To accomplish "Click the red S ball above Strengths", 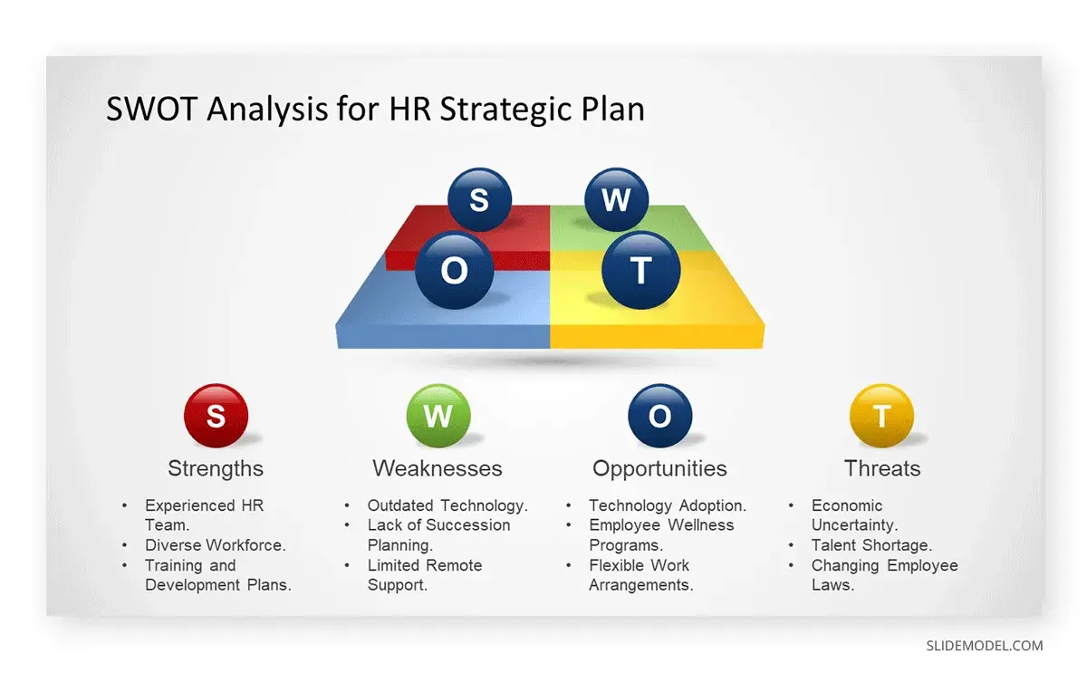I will point(216,416).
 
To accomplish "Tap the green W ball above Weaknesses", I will point(438,416).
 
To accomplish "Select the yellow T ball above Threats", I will point(881,416).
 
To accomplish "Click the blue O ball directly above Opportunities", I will point(659,416).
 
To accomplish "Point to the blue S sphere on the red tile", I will point(479,199).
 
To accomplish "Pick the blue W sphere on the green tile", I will point(616,199).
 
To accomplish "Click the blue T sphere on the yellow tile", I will point(641,270).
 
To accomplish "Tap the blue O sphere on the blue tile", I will point(455,270).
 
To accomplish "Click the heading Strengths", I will point(216,468).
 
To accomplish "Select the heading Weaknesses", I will point(438,468).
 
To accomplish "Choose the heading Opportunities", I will point(659,468).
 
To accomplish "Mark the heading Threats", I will point(882,468).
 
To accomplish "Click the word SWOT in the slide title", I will point(151,110).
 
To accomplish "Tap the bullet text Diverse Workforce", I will point(216,545).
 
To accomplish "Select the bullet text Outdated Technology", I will point(447,505).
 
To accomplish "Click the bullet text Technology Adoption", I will point(668,505).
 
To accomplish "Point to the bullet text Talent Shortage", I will point(871,545).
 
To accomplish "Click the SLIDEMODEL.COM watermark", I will point(984,646).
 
